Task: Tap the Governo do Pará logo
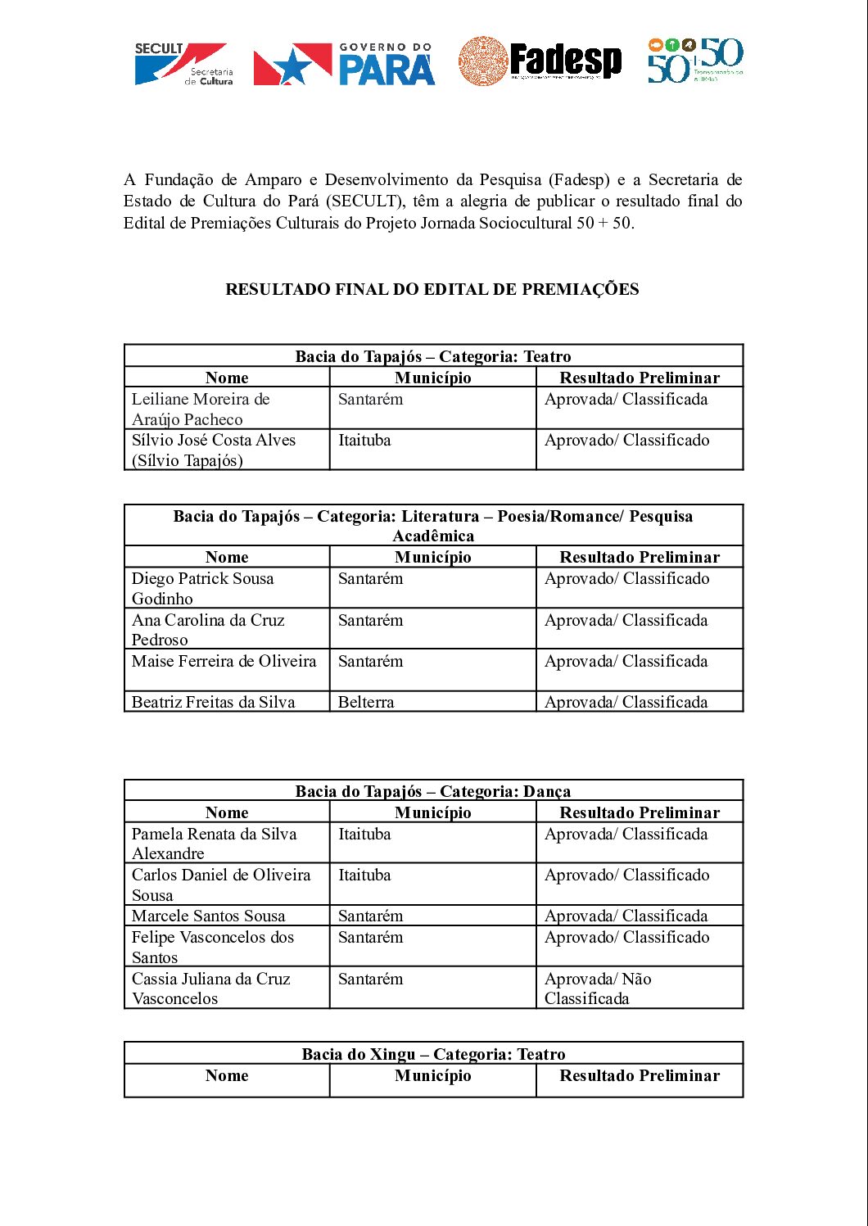point(344,64)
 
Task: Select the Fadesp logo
point(540,61)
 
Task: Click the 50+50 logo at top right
point(695,61)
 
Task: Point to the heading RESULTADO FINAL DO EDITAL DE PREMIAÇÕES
point(432,289)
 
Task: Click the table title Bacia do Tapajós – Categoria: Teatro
point(433,356)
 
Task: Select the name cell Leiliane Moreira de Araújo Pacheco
point(201,409)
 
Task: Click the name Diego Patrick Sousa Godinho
point(203,588)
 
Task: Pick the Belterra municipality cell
point(366,702)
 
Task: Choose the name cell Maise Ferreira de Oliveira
point(224,661)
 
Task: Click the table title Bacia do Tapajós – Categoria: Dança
point(433,791)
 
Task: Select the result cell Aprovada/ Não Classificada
point(598,988)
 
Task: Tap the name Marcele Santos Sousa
point(209,916)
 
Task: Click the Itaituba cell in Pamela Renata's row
point(365,835)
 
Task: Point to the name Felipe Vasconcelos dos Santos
point(213,947)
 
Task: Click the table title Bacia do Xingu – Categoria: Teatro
point(433,1054)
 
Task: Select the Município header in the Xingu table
point(433,1076)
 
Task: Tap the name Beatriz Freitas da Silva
point(213,702)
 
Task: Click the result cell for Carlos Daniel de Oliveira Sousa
point(626,875)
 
